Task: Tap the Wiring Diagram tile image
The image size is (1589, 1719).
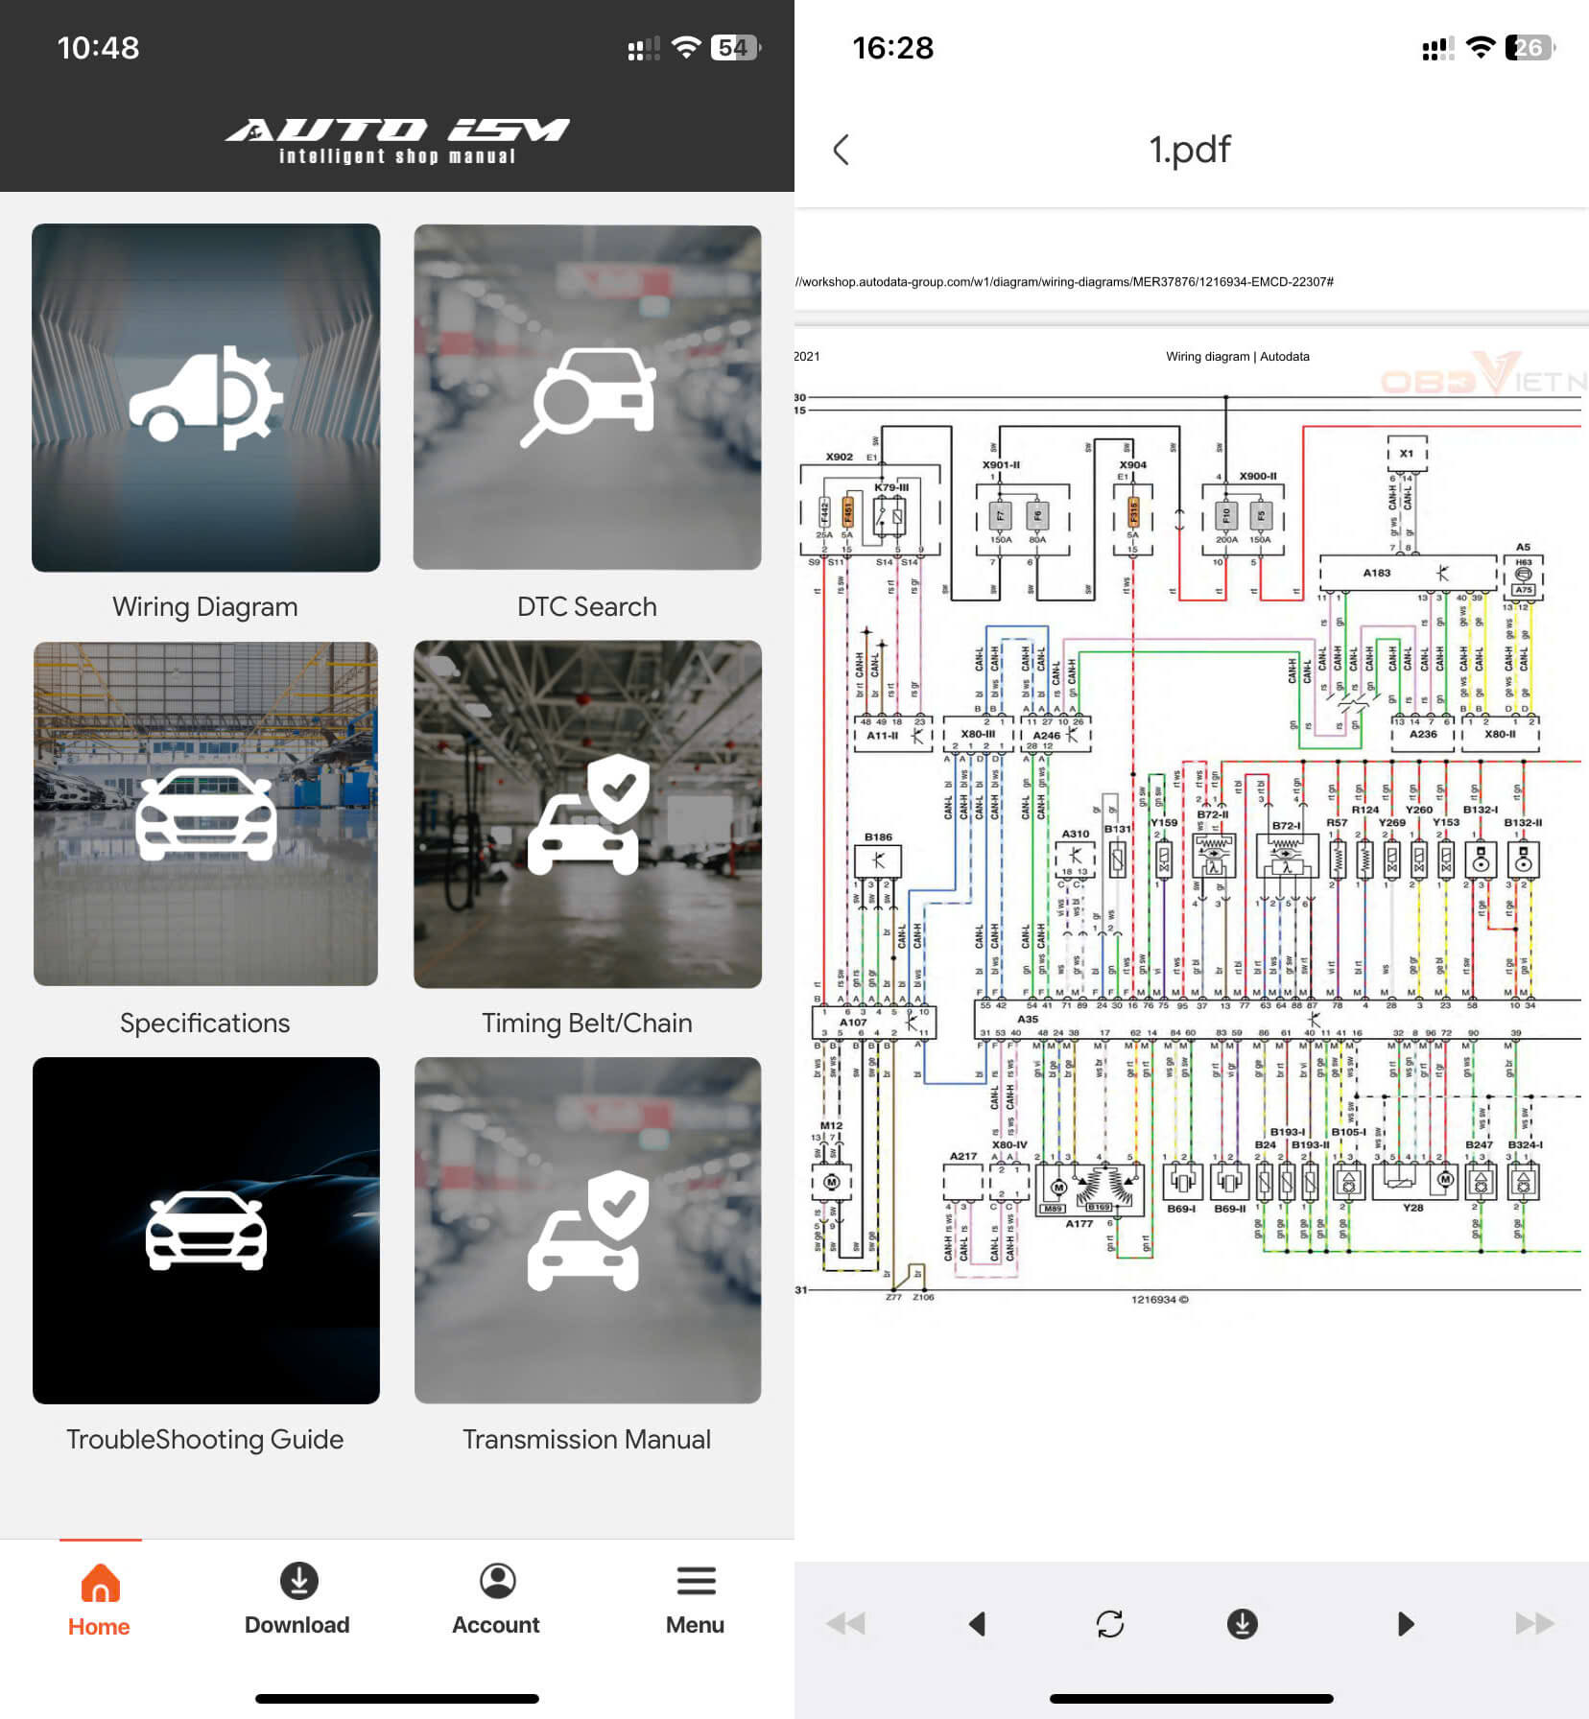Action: [x=205, y=397]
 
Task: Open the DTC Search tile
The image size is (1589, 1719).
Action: [x=587, y=397]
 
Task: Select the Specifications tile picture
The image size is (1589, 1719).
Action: [x=205, y=813]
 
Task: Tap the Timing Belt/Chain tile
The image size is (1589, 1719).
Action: [x=587, y=813]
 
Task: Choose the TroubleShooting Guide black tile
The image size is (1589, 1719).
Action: [x=205, y=1230]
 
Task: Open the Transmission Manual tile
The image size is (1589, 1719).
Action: [x=587, y=1230]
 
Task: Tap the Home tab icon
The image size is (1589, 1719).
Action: [x=100, y=1583]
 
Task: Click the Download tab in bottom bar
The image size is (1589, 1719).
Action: [x=297, y=1602]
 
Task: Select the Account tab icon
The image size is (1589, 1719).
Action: [x=497, y=1581]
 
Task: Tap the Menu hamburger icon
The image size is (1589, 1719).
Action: [x=696, y=1581]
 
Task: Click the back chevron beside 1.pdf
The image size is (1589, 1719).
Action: [x=842, y=150]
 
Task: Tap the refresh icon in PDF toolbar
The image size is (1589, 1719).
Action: [x=1109, y=1623]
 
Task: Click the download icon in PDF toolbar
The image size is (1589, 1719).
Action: [x=1242, y=1623]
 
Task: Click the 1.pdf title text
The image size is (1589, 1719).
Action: [x=1190, y=150]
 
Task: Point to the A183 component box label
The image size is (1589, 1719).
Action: [x=1377, y=573]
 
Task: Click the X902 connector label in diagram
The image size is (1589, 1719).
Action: [x=839, y=457]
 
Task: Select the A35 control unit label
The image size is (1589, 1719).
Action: [x=1027, y=1019]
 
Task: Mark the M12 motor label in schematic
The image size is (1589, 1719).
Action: [x=831, y=1125]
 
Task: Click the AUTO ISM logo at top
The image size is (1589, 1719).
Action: [x=397, y=140]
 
